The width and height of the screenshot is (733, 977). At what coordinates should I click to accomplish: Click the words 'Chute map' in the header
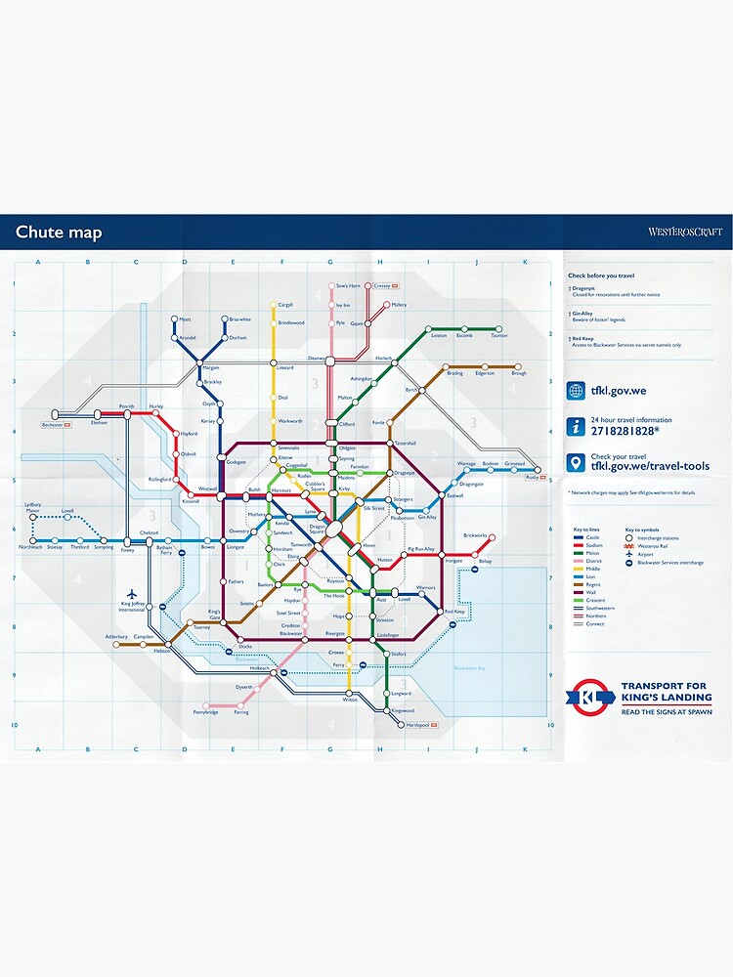[58, 233]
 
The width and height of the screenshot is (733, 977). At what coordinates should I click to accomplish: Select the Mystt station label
[185, 319]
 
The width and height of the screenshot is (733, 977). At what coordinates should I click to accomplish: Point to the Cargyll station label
[285, 305]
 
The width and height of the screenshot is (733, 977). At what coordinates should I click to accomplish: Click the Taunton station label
[499, 335]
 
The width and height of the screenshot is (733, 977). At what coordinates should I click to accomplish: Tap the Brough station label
[518, 373]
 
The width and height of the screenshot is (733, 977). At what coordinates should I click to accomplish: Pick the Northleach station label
[30, 548]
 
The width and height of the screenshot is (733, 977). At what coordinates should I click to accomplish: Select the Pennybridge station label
[205, 713]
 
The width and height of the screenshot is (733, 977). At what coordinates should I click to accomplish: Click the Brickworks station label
[475, 534]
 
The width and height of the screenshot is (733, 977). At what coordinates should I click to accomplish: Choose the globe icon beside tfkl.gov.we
[577, 391]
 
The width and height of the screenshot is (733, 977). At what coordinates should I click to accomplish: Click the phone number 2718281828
[625, 430]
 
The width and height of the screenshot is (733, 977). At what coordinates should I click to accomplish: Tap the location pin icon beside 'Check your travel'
[577, 462]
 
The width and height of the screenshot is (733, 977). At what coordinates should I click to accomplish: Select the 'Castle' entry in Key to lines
[592, 537]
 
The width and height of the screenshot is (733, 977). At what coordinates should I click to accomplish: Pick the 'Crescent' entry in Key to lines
[595, 600]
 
